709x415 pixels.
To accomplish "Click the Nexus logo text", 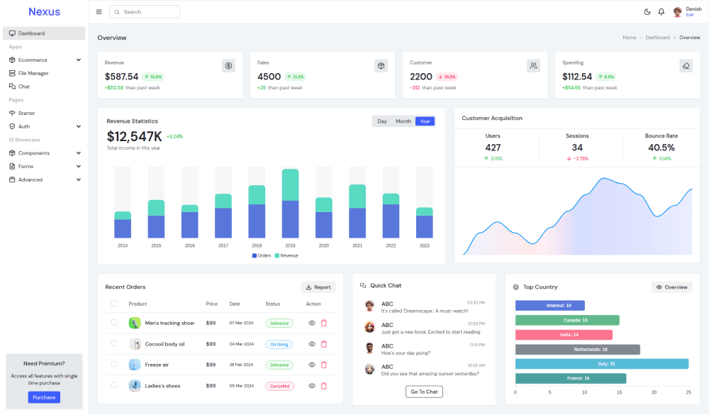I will click(44, 11).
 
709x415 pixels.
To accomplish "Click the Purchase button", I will click(44, 397).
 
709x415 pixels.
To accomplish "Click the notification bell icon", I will click(661, 12).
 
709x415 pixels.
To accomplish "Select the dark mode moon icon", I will click(647, 12).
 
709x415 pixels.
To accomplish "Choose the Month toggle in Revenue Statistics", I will click(403, 121).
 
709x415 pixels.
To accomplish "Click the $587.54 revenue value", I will click(121, 77).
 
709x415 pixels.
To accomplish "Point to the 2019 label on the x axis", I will click(290, 245).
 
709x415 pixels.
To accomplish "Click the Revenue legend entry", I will click(286, 255).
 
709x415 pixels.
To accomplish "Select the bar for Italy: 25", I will click(601, 364).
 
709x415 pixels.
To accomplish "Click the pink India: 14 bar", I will click(564, 335).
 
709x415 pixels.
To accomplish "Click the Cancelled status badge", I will click(279, 386).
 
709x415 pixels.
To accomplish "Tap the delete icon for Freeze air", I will click(324, 365).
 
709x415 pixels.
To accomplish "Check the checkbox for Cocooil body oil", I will click(114, 343).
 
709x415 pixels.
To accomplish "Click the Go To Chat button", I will click(424, 392).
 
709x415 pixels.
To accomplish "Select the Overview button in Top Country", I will click(671, 287).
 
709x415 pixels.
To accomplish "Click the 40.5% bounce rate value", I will click(661, 148).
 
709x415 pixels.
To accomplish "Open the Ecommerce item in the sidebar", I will click(33, 60).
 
